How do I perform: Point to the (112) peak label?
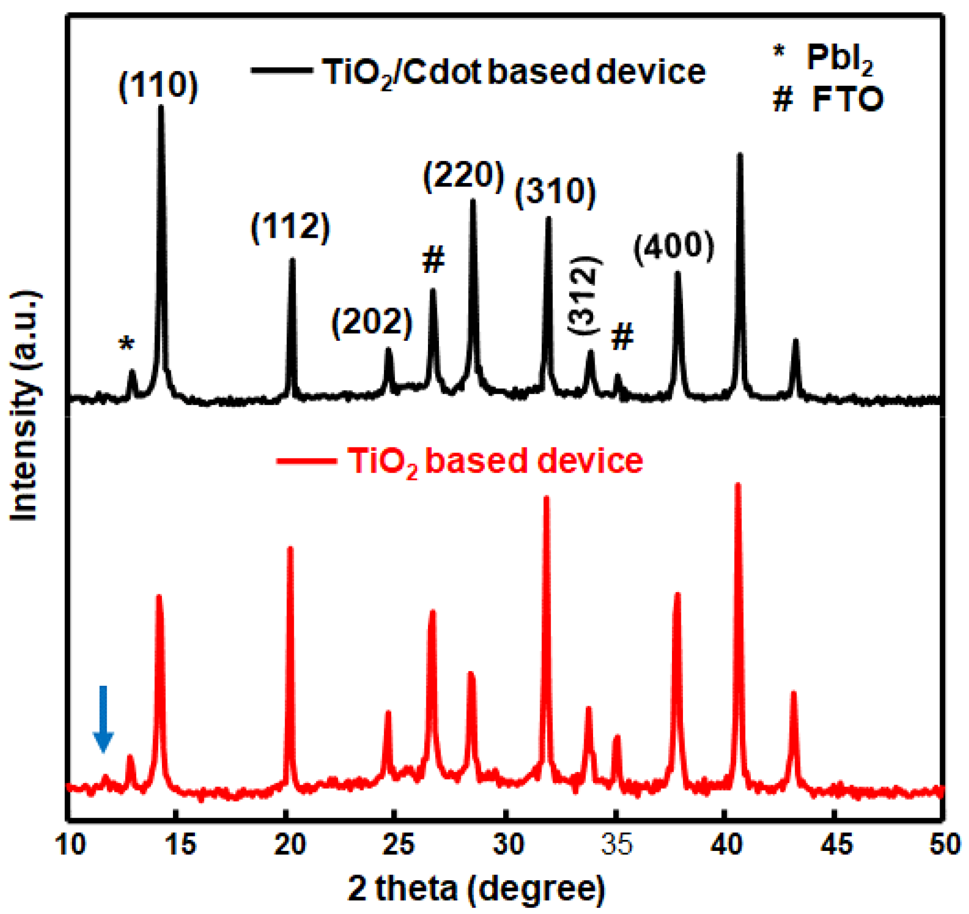[290, 227]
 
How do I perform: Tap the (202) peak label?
[372, 322]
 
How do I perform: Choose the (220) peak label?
[463, 175]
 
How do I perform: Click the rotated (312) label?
[584, 294]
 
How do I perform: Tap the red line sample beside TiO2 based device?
[306, 461]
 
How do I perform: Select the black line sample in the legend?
[281, 70]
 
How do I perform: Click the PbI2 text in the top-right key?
[839, 58]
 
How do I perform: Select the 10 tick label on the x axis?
[69, 845]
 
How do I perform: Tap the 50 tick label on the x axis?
[944, 845]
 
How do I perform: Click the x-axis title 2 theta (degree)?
[476, 889]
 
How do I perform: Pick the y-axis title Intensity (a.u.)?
[24, 405]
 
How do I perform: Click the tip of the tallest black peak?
[161, 107]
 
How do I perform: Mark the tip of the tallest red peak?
[738, 484]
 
